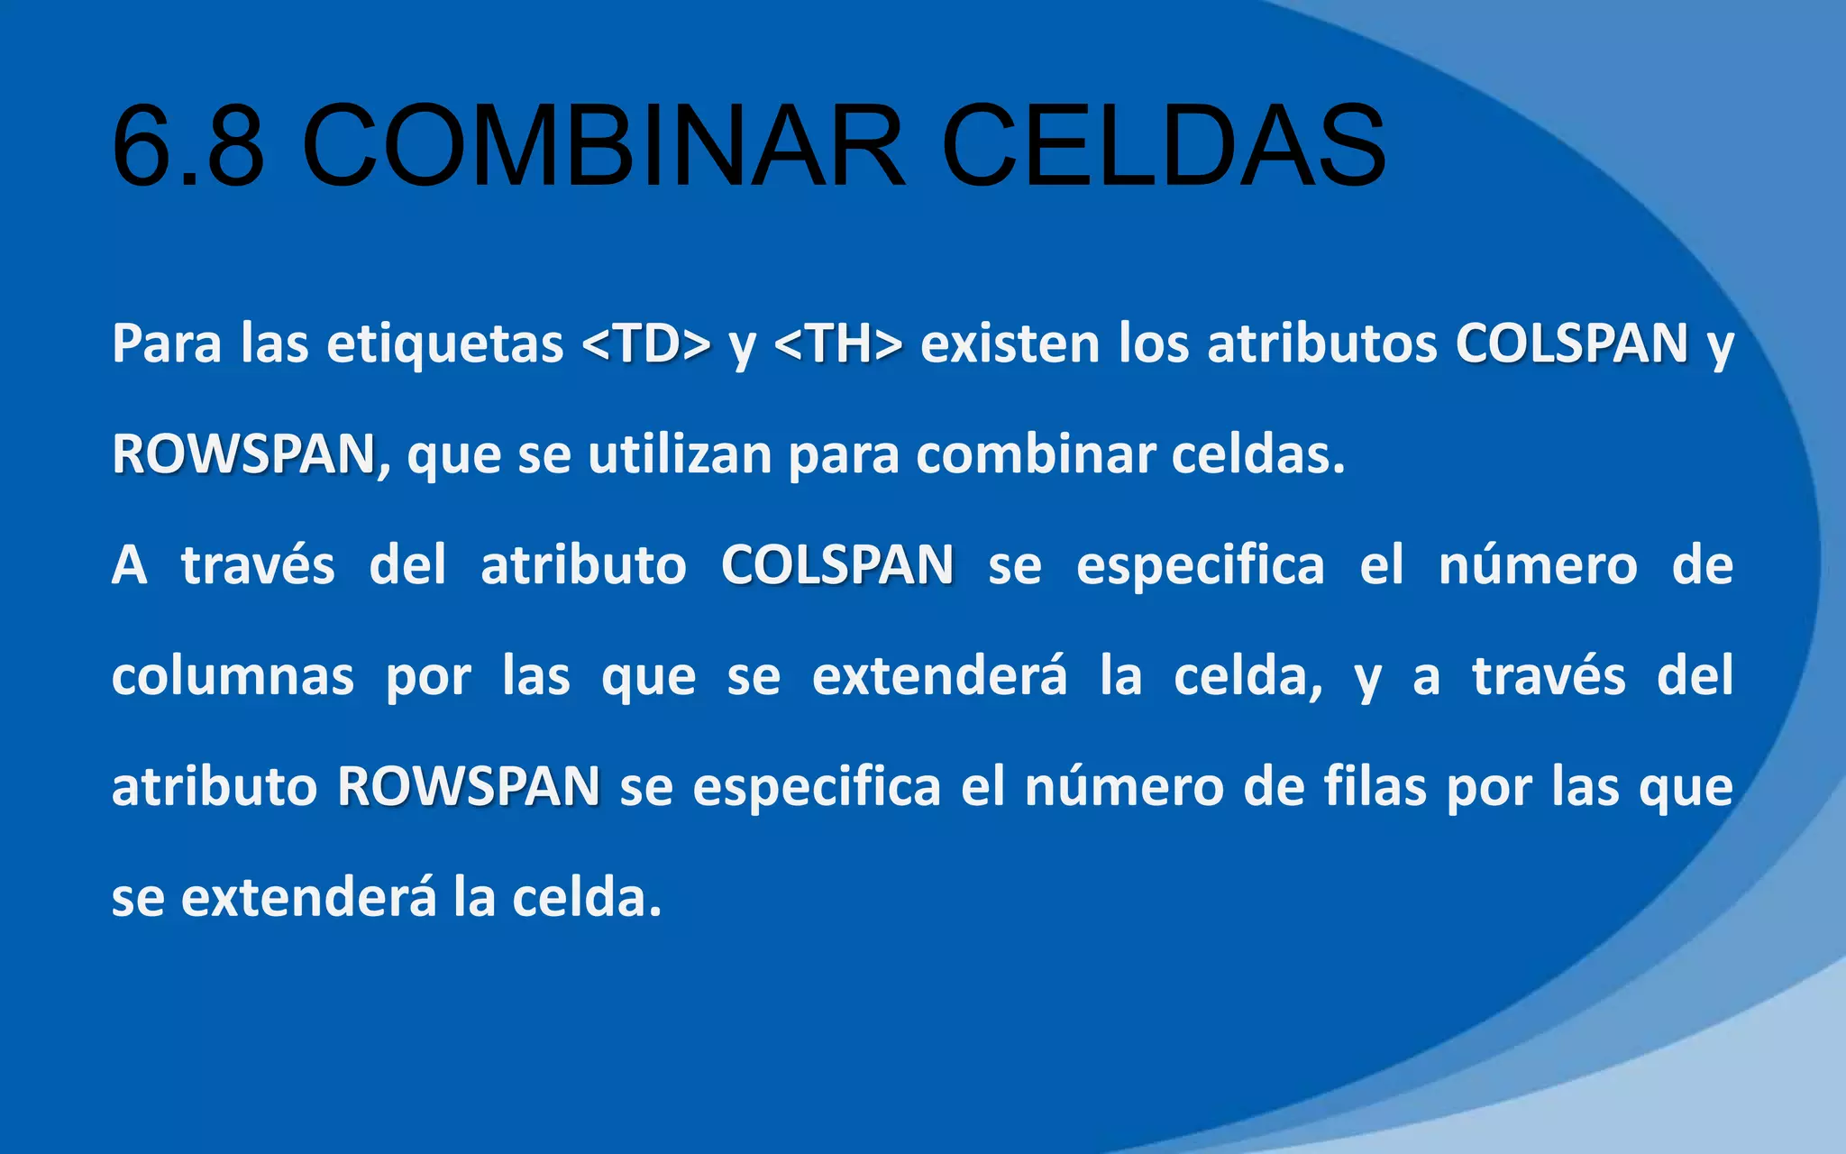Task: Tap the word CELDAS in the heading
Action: tap(1163, 146)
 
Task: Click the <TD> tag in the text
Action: tap(646, 343)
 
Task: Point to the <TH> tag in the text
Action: tap(837, 343)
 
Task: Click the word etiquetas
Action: tap(445, 345)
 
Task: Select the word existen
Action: tap(1010, 343)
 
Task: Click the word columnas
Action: tap(233, 676)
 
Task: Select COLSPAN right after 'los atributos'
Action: tap(1572, 343)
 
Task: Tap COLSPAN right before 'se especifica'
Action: tap(837, 565)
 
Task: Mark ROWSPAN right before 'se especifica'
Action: tap(469, 786)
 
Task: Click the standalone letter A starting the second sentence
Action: tap(129, 565)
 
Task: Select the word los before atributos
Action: tap(1153, 343)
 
